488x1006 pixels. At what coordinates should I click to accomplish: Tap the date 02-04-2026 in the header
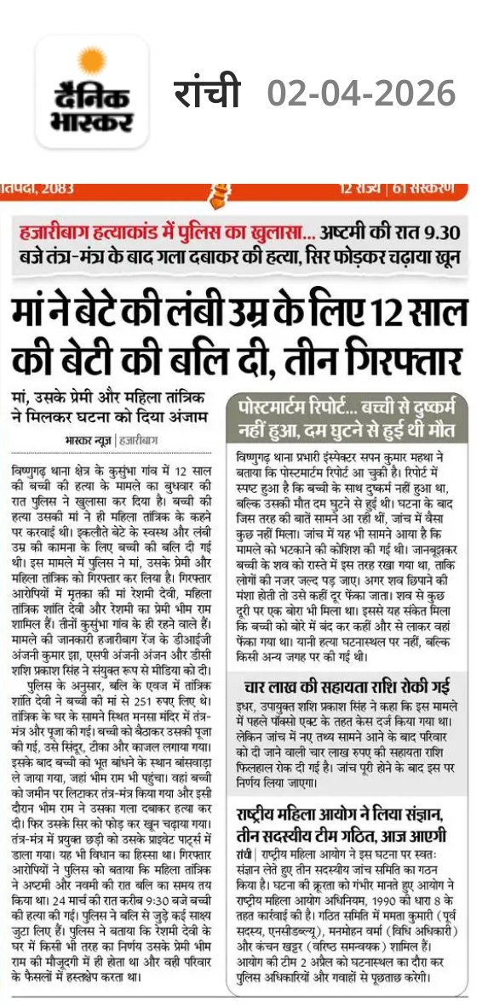tap(361, 92)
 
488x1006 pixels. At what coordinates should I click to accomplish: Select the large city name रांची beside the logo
tap(208, 92)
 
